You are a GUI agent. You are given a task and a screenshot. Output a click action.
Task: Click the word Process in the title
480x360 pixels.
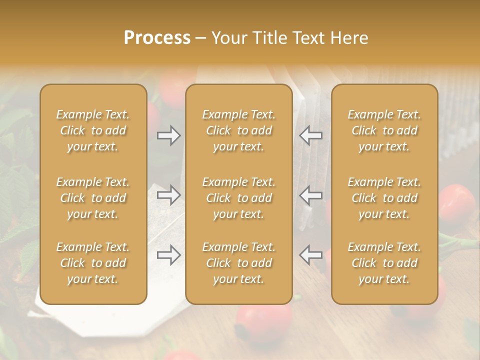157,38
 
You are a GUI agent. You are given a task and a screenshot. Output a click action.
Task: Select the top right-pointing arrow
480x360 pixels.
169,135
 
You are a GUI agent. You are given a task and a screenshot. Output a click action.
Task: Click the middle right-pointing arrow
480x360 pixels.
169,195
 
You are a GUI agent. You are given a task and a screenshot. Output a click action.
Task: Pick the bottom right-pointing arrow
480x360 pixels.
169,255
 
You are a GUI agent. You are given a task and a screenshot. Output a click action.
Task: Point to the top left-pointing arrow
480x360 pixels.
310,135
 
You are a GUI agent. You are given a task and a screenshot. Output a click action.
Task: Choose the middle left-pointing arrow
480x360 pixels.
310,195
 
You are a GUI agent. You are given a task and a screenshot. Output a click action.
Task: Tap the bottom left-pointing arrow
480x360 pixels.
310,255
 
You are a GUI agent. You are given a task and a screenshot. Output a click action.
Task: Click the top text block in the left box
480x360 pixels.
93,130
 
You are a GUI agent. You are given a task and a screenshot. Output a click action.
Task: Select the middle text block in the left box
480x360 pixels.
93,198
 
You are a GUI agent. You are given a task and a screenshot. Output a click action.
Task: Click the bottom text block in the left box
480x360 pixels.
93,263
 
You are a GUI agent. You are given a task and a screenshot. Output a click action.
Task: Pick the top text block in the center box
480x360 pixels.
238,130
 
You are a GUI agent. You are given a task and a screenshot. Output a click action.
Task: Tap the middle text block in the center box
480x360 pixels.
238,198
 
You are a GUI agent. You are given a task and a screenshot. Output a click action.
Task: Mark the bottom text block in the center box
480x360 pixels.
238,263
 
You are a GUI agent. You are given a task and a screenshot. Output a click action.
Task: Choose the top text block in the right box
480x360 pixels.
384,130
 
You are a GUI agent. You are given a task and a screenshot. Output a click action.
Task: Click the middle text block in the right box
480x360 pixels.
384,198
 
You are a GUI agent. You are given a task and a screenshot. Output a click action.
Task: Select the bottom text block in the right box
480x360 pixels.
384,263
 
